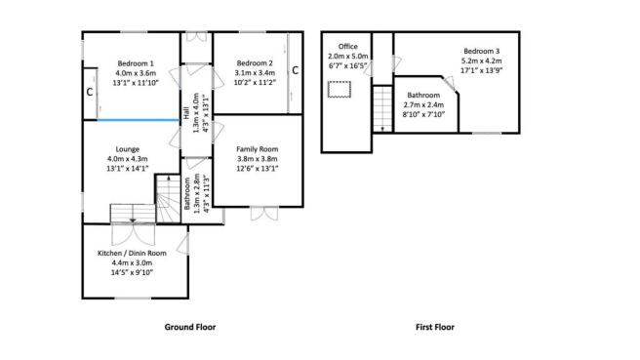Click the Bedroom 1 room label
pos(137,62)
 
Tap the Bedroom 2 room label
pos(254,62)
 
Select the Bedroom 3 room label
pos(482,51)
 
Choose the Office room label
pos(347,46)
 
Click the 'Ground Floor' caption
pos(189,327)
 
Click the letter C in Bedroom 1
pos(89,93)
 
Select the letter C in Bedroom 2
pos(295,69)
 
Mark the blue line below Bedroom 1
pos(137,121)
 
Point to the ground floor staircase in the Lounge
pos(131,213)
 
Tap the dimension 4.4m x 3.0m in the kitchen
pos(132,262)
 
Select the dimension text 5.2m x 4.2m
pos(482,60)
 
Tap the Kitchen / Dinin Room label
pos(132,253)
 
